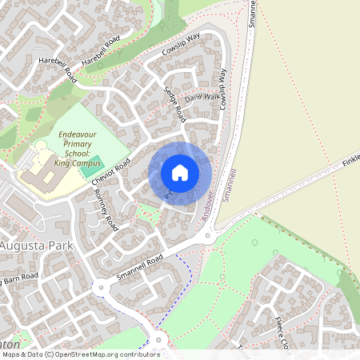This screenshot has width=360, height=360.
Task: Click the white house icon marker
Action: pos(180,172)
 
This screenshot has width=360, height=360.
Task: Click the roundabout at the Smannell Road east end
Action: pos(208,236)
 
